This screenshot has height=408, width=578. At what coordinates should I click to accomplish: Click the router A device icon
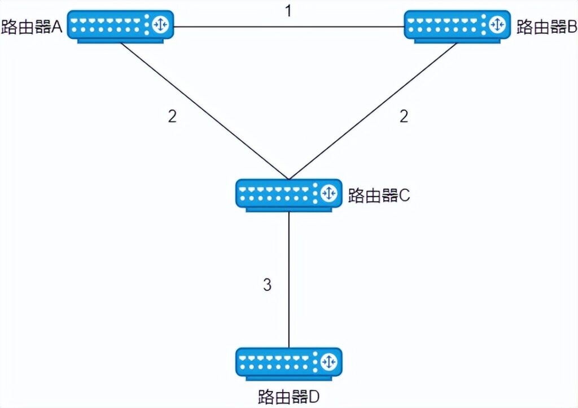pyautogui.click(x=120, y=25)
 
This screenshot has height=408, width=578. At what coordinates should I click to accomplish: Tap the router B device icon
pyautogui.click(x=457, y=25)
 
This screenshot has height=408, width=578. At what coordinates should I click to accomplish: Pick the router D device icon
pyautogui.click(x=288, y=363)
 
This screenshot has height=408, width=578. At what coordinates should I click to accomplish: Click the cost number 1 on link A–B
pyautogui.click(x=288, y=11)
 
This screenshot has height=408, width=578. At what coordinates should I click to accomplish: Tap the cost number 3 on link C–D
pyautogui.click(x=267, y=285)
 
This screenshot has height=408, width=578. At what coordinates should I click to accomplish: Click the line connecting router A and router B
pyautogui.click(x=288, y=26)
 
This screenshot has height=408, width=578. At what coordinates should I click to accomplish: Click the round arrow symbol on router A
pyautogui.click(x=160, y=24)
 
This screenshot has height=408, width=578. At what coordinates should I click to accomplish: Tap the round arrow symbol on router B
pyautogui.click(x=497, y=24)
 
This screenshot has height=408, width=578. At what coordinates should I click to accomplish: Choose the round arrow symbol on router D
pyautogui.click(x=329, y=361)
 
